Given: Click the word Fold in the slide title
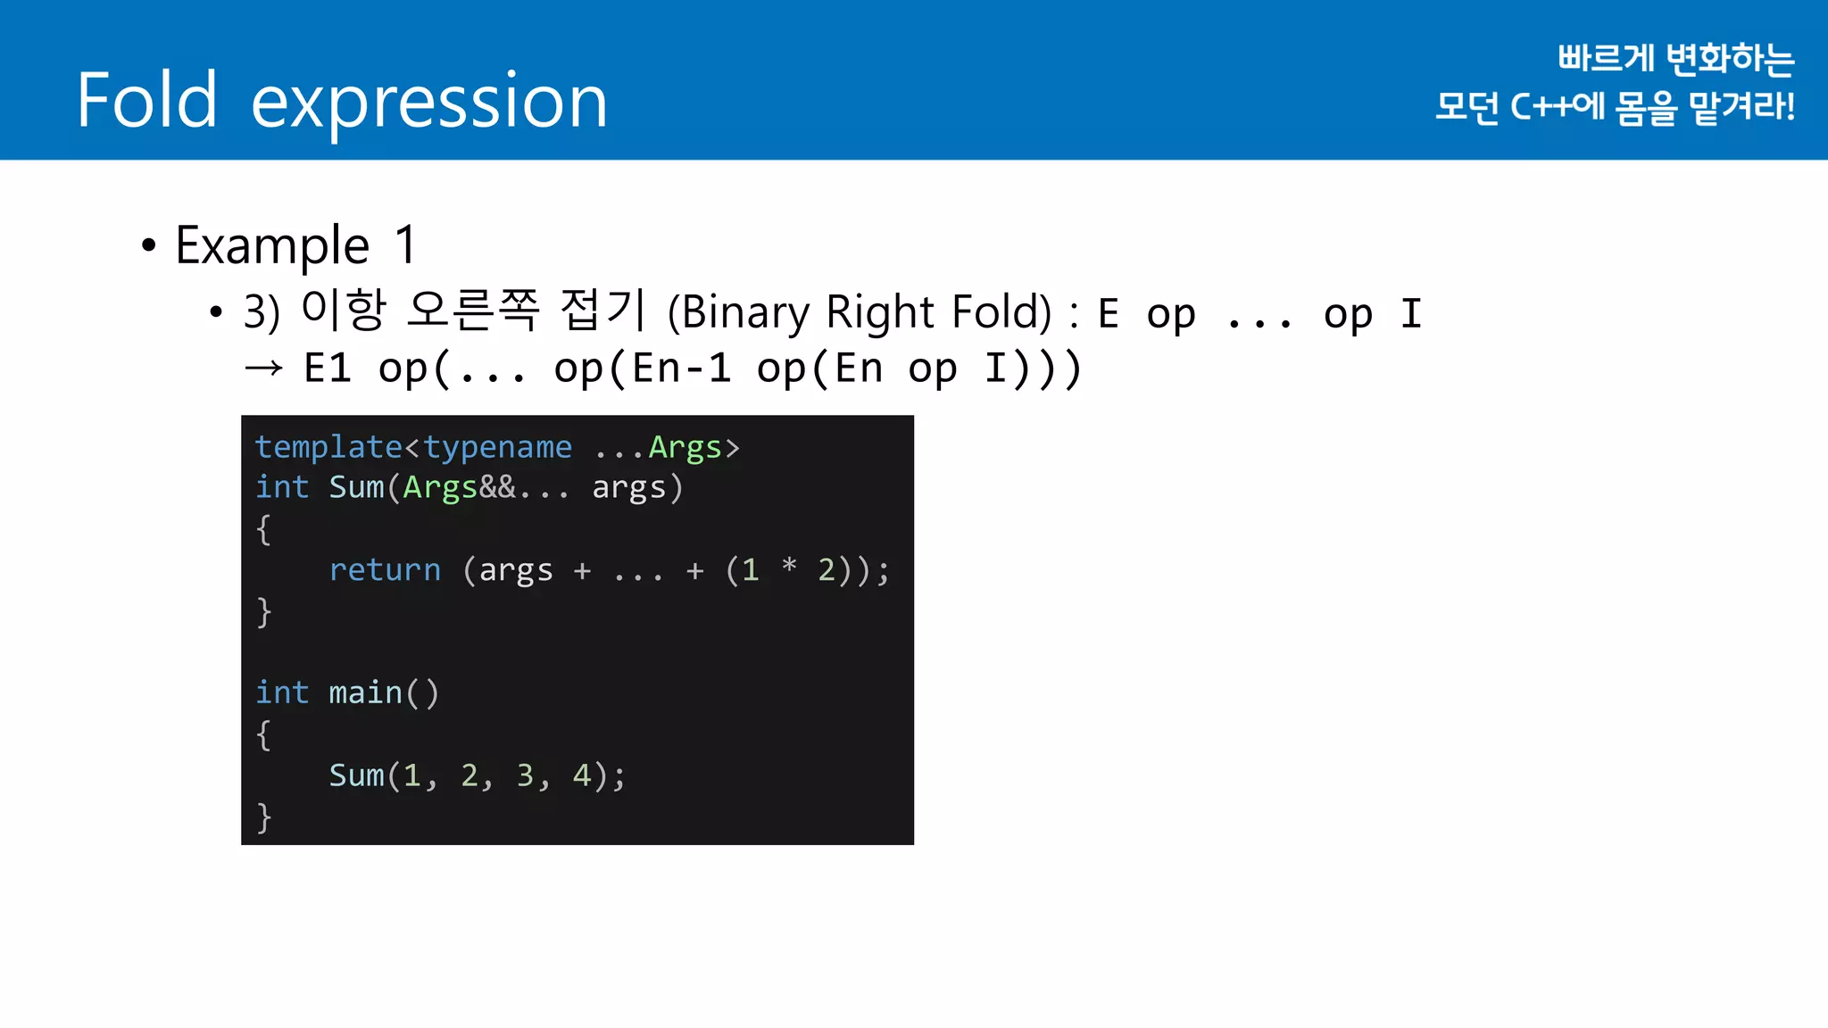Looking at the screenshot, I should [147, 100].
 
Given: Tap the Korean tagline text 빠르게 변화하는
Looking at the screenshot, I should [1675, 59].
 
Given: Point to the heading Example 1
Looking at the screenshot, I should [295, 245].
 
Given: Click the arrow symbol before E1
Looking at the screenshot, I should [263, 368].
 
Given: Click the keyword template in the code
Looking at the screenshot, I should [328, 447].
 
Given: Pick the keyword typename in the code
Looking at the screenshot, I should [497, 447].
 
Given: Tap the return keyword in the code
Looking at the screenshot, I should [385, 570].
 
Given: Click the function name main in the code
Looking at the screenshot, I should [365, 693].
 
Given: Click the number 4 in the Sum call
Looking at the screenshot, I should [582, 775].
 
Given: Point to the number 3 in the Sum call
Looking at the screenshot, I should [525, 775].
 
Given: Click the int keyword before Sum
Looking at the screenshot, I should [282, 488].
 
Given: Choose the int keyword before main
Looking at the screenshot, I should [282, 693].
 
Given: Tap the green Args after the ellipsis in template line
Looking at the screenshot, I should [685, 447].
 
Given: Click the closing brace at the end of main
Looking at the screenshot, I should [263, 817].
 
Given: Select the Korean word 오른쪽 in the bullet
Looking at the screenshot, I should [472, 311].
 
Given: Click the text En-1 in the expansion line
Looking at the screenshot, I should [682, 369].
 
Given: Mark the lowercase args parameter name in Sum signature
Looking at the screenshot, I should [629, 488].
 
